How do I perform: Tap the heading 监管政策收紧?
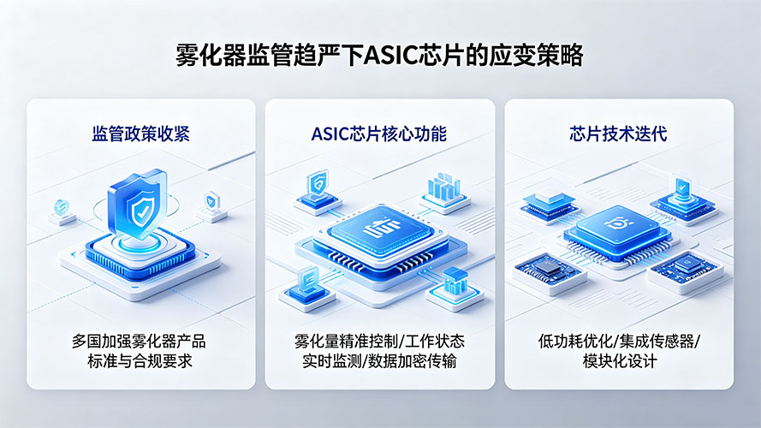(x=140, y=134)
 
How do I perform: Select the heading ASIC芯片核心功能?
(x=378, y=134)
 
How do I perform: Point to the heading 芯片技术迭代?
(x=618, y=134)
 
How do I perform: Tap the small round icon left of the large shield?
(x=62, y=209)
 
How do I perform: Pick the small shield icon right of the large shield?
(x=212, y=201)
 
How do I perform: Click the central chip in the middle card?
(x=380, y=233)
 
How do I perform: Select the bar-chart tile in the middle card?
(x=444, y=192)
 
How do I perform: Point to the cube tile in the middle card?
(x=455, y=288)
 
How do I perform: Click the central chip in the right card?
(x=617, y=231)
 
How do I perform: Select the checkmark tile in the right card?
(x=682, y=198)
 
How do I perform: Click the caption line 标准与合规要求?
(x=140, y=361)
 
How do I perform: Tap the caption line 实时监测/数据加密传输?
(x=379, y=361)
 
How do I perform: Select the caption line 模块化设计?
(x=620, y=361)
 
